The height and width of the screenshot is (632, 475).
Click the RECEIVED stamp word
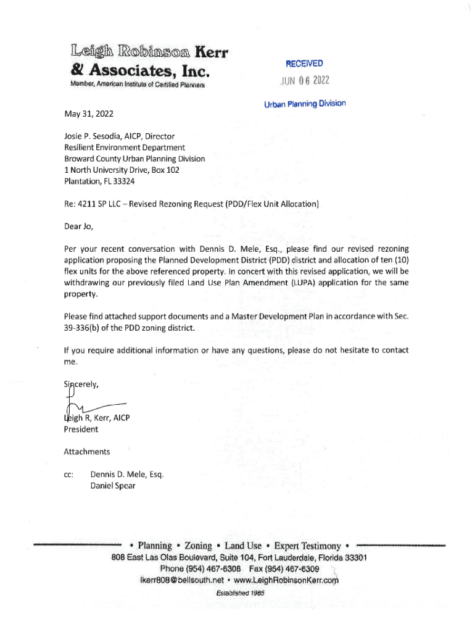(x=304, y=64)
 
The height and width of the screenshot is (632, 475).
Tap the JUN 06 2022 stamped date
(x=305, y=81)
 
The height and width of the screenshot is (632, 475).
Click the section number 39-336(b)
(x=93, y=327)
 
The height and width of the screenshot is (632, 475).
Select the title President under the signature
(x=81, y=429)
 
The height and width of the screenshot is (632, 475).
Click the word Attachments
(x=87, y=452)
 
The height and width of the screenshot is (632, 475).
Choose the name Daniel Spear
(x=113, y=486)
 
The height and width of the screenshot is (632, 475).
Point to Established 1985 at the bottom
(x=240, y=592)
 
